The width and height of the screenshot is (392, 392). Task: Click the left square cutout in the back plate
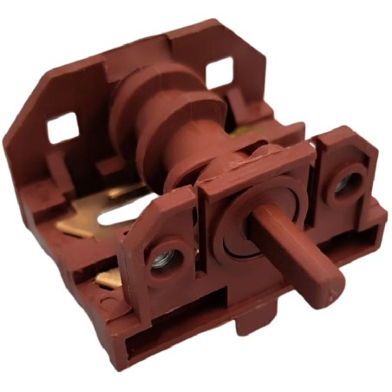pos(63,129)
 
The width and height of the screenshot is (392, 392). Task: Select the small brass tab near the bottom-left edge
pos(106,278)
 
